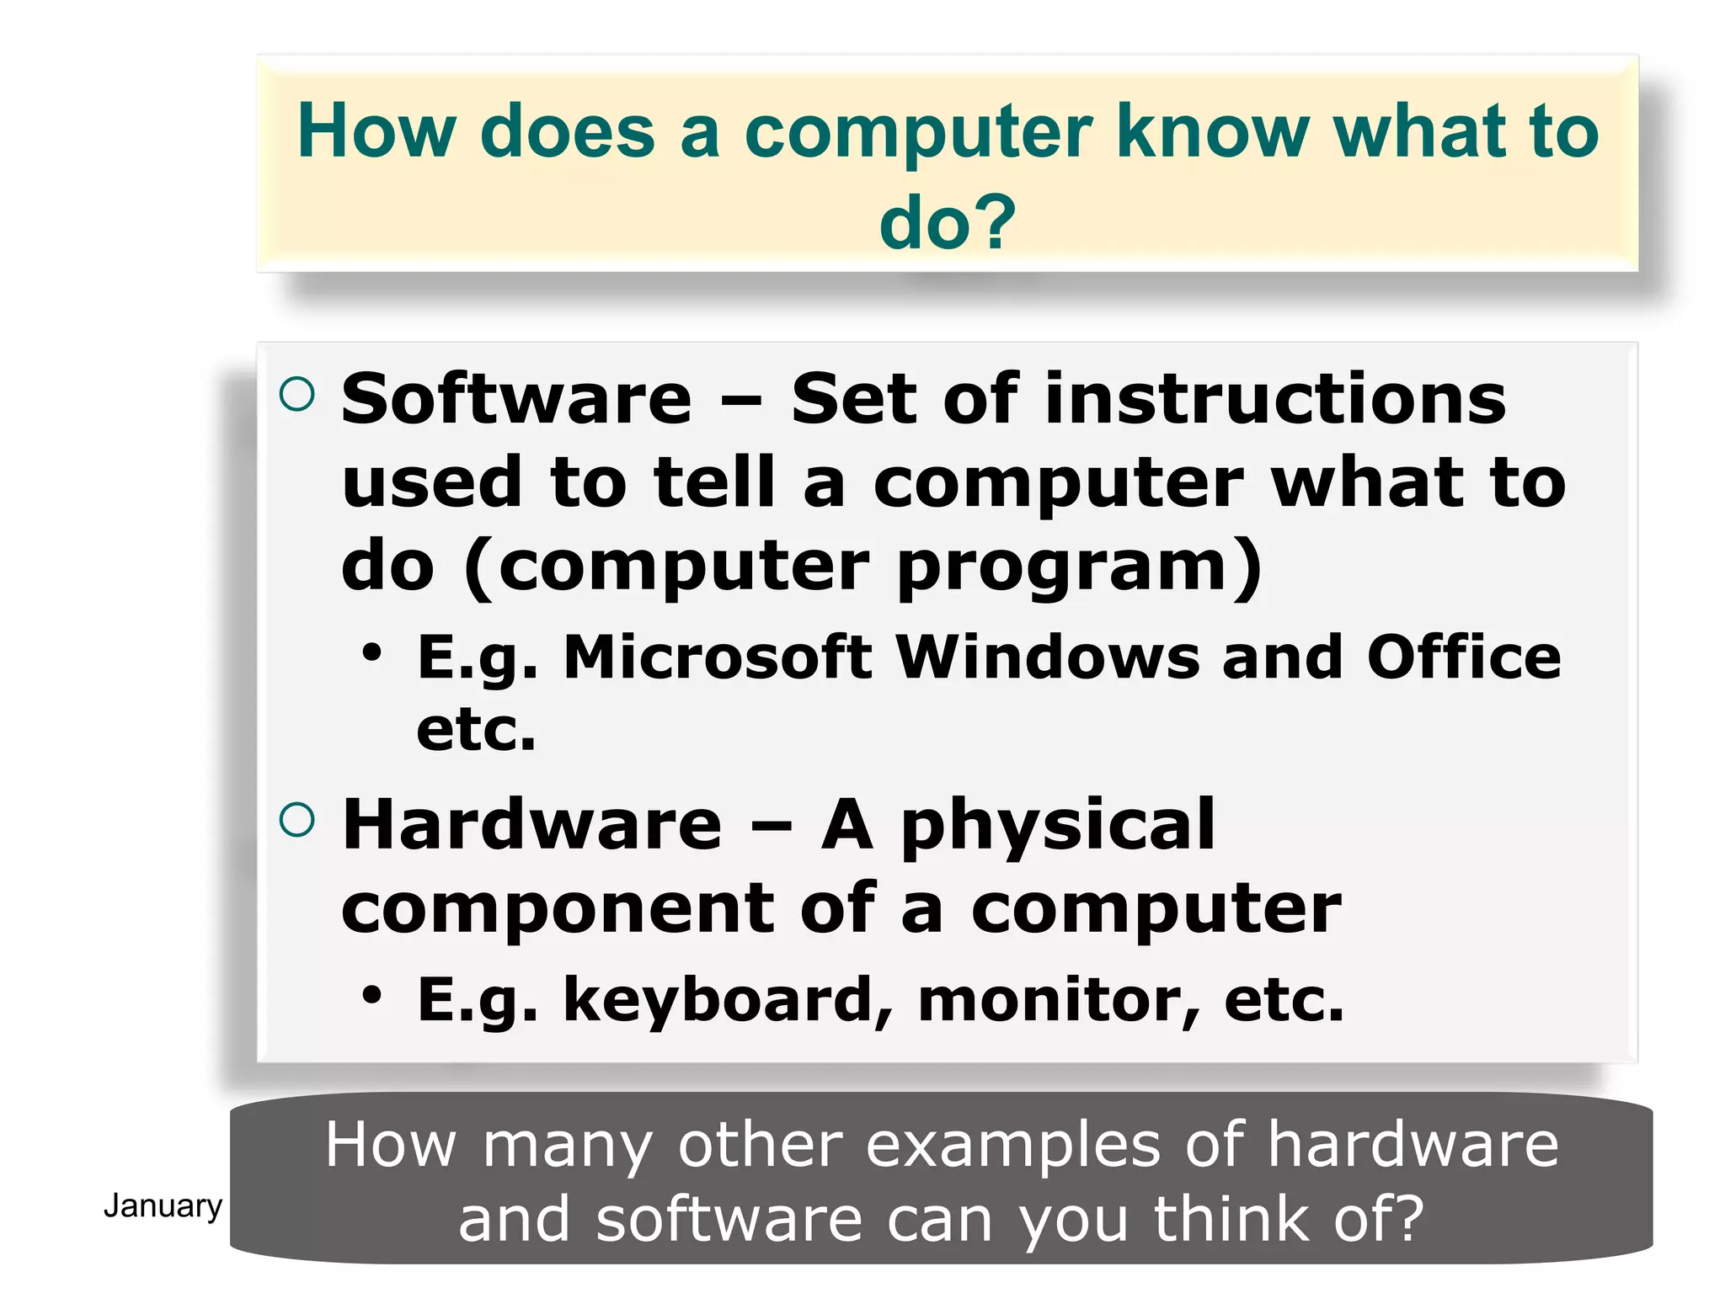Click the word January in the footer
163,1206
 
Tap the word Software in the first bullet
516,399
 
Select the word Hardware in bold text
532,825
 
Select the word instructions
1275,399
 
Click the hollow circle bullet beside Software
296,394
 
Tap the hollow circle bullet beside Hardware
296,820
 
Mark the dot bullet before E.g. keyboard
371,995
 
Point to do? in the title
948,222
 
